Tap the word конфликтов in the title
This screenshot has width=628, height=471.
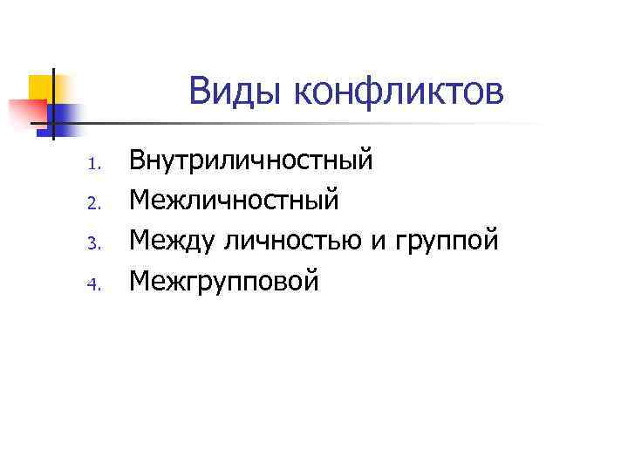(x=399, y=91)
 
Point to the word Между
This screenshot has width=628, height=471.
(x=172, y=241)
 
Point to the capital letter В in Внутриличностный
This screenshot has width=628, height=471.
(x=138, y=161)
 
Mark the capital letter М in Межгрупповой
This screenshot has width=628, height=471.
(x=140, y=280)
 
